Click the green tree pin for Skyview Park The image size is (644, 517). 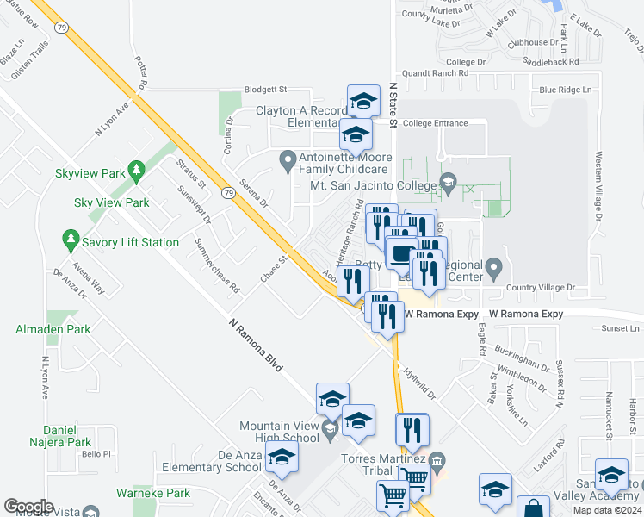[135, 171]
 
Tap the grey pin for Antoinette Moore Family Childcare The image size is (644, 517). [288, 159]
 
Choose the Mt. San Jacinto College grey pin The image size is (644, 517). [447, 182]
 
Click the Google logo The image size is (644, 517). [28, 507]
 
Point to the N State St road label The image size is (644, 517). [393, 106]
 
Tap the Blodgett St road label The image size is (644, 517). [264, 89]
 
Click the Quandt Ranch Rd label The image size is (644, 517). [434, 73]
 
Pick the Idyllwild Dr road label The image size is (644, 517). [420, 382]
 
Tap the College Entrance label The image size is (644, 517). [435, 123]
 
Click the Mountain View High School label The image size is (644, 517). [280, 433]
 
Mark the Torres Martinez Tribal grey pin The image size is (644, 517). [437, 458]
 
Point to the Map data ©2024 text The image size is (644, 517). [607, 510]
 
